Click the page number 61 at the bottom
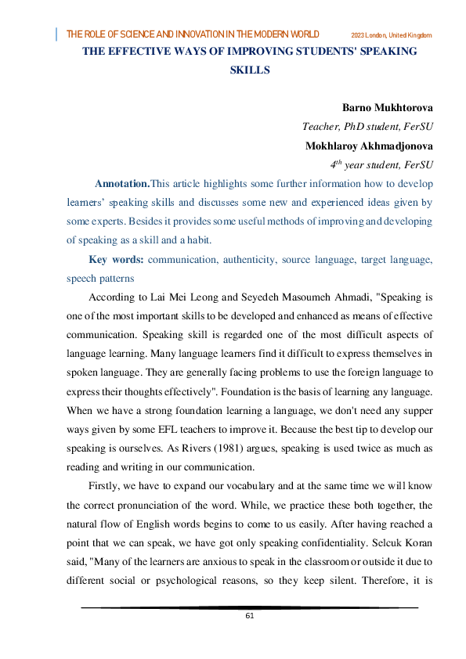click(x=249, y=616)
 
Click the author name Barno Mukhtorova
click(x=388, y=106)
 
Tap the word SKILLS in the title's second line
click(x=250, y=70)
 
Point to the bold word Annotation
click(x=121, y=184)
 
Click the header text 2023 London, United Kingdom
click(x=392, y=35)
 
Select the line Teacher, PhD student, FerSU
click(x=367, y=126)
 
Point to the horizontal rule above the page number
click(x=249, y=607)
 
